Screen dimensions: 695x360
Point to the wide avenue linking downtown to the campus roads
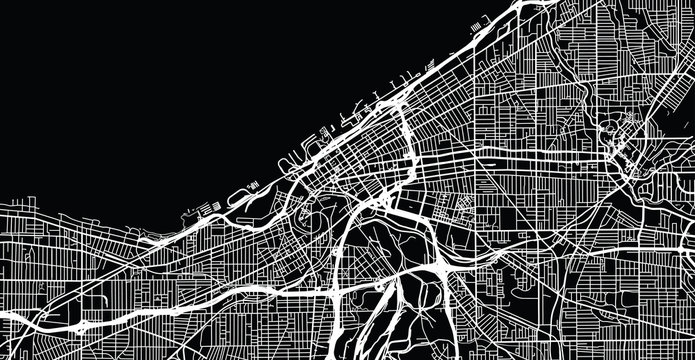(x=520, y=161)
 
